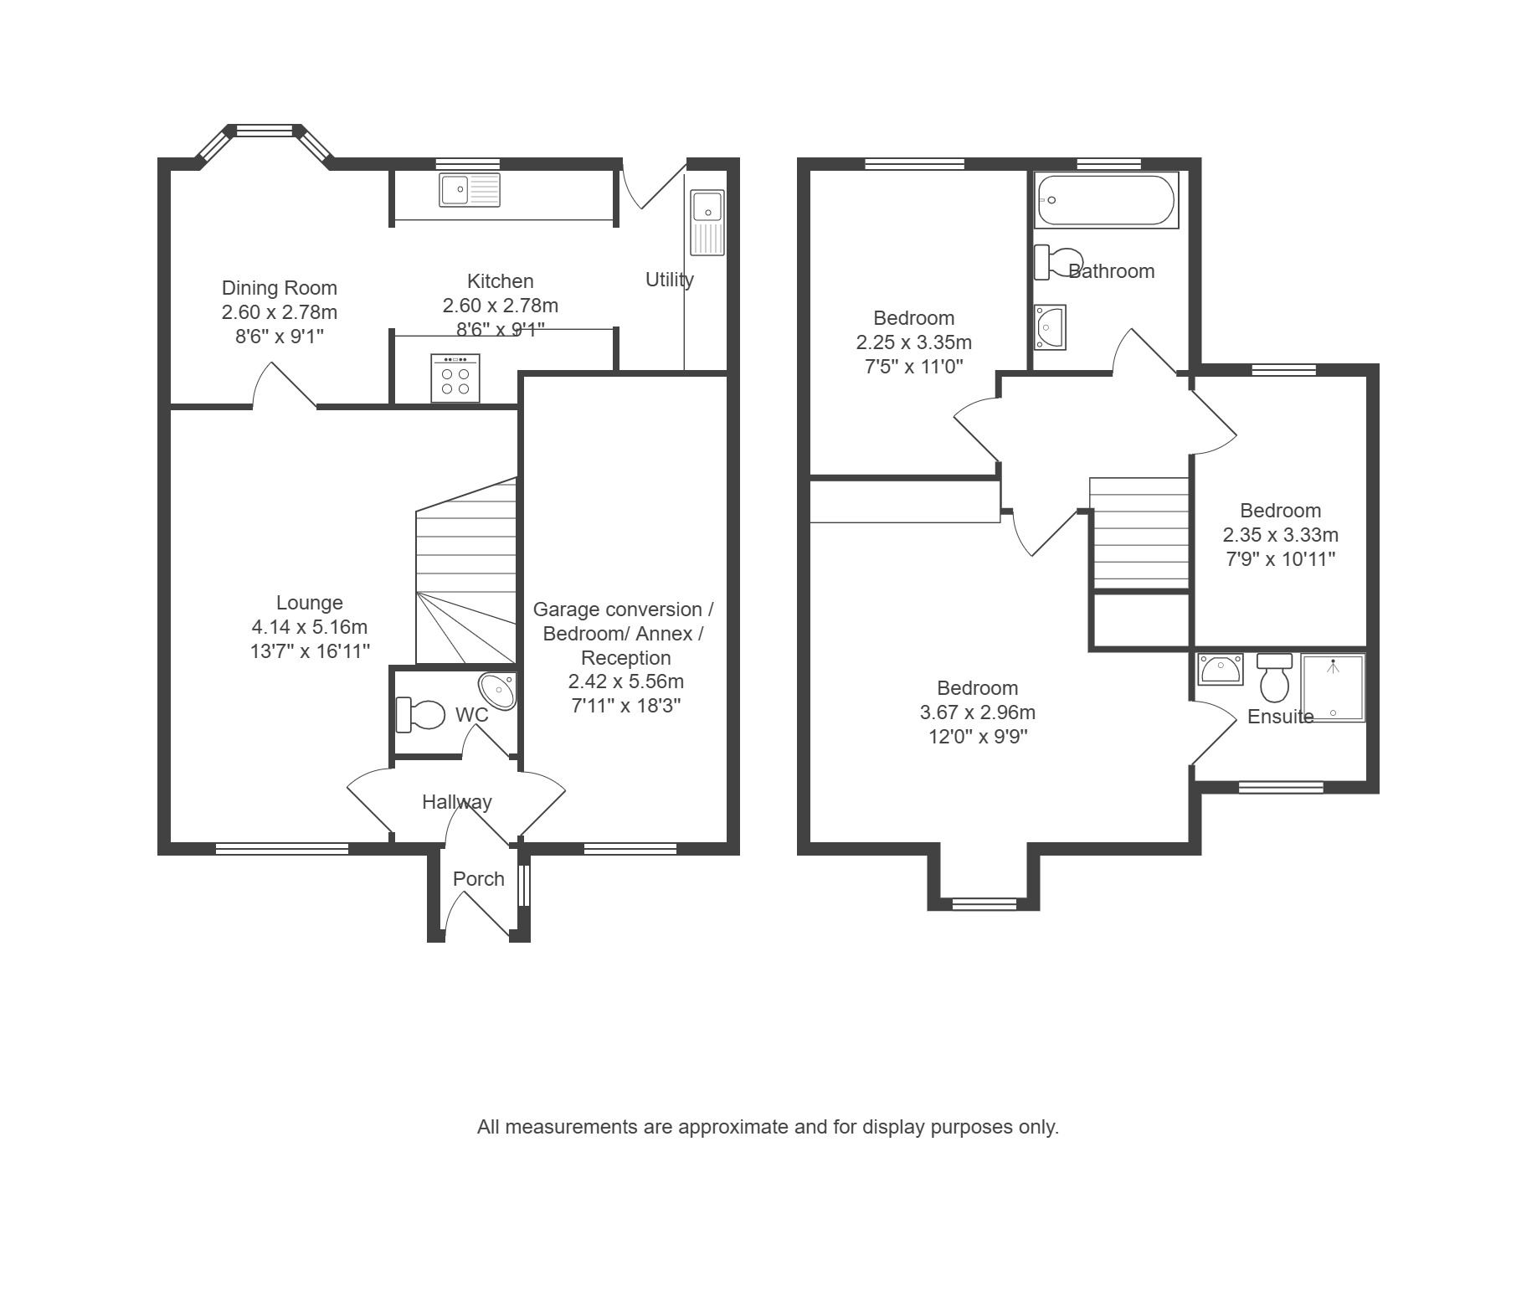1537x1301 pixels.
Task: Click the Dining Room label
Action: [x=279, y=288]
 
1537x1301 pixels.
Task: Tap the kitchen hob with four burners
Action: [x=455, y=378]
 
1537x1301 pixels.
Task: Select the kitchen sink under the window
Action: [x=470, y=190]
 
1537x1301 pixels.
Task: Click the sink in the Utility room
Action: [x=707, y=222]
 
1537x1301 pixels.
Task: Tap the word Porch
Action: [x=479, y=879]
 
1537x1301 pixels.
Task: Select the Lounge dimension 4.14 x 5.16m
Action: [x=310, y=627]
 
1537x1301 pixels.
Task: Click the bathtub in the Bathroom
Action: [x=1107, y=200]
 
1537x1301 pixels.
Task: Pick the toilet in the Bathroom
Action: [x=1058, y=261]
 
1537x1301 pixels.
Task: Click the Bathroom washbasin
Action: [x=1050, y=327]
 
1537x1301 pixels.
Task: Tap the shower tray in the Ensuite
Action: [x=1333, y=687]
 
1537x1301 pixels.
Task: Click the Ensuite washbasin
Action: [x=1221, y=670]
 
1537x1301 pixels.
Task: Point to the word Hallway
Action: [x=457, y=803]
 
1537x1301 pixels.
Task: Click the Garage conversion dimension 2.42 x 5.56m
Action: [x=626, y=681]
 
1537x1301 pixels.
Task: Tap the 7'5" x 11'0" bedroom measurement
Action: [x=914, y=367]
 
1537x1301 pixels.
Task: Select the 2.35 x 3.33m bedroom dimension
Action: [x=1281, y=535]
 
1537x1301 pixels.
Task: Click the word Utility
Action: [x=670, y=280]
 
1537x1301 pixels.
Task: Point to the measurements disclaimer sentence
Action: [x=768, y=1128]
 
